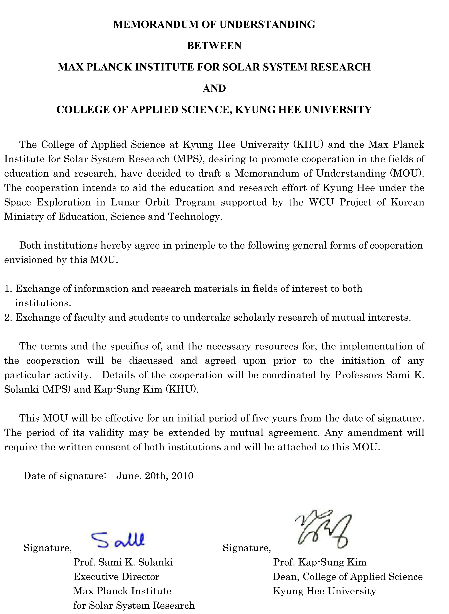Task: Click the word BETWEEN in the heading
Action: click(x=214, y=46)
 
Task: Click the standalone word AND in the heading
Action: click(x=214, y=88)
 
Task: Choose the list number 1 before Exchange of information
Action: click(x=7, y=289)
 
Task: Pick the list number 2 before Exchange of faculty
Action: click(x=7, y=318)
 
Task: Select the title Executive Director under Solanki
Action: click(x=116, y=577)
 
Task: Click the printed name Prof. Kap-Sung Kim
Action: click(x=320, y=562)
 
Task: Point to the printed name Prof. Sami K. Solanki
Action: click(x=123, y=562)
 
